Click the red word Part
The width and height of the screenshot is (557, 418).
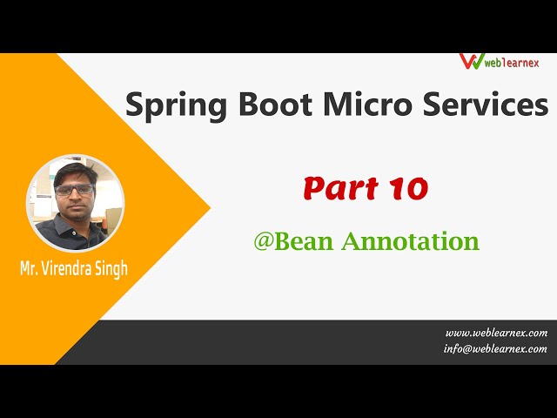(335, 187)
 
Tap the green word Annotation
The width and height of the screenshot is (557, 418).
(410, 241)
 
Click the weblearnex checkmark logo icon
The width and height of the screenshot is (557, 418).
(471, 62)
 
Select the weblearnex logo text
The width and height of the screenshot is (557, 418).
(513, 63)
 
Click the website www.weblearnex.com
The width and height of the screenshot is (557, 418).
(496, 333)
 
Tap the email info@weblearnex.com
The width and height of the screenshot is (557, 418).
(495, 348)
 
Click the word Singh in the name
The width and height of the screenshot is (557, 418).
(111, 267)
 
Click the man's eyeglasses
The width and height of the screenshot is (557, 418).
(74, 189)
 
